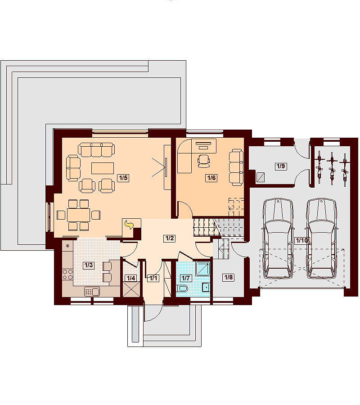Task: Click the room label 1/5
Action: tap(123, 178)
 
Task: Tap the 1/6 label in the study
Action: tap(211, 178)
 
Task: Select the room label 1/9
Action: tap(281, 166)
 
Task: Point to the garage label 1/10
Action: tap(302, 240)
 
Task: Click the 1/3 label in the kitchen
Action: tap(88, 265)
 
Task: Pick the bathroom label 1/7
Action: tap(186, 278)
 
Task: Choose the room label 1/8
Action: tap(229, 277)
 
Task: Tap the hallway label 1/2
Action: tap(170, 238)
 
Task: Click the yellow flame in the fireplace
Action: tap(129, 225)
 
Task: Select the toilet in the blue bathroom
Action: tap(183, 288)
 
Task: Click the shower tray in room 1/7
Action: tap(203, 269)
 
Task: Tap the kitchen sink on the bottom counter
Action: tap(92, 292)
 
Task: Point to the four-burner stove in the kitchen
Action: tap(67, 274)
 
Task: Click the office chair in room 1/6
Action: tap(204, 161)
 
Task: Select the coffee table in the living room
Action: tap(103, 168)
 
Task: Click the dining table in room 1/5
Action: tap(78, 215)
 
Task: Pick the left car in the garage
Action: tap(278, 238)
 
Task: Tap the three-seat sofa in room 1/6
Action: tap(236, 167)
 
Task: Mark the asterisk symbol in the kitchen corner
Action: tap(67, 246)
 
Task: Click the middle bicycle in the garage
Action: tap(332, 168)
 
